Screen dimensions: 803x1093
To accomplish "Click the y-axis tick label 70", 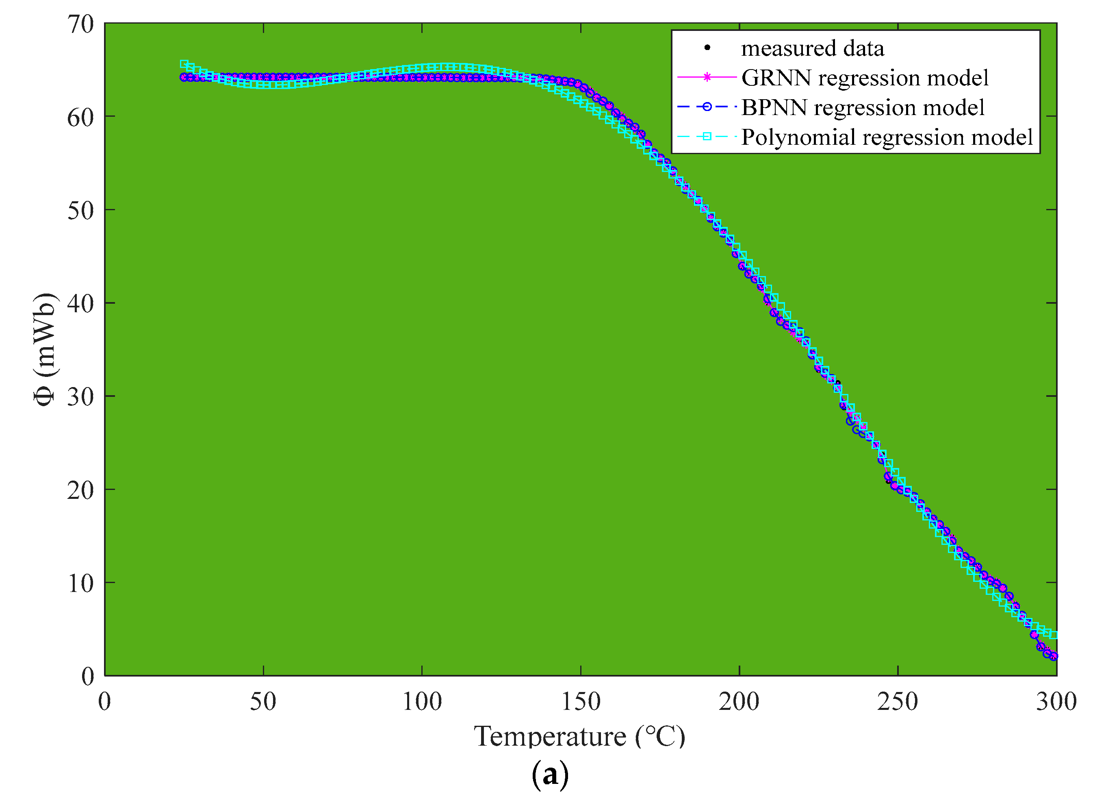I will pos(80,24).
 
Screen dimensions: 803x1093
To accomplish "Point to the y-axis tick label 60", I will pos(80,118).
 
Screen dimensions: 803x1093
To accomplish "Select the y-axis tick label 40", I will pos(80,304).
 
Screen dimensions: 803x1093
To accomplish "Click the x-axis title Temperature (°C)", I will pos(579,737).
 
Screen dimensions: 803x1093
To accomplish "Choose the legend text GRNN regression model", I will pos(864,78).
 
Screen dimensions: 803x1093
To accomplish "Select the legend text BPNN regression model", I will pos(863,107).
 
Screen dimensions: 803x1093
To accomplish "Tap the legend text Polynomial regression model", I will pos(887,137).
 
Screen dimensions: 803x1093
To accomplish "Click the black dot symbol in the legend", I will pos(707,48).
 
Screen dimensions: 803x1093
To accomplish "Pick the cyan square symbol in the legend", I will pos(707,137).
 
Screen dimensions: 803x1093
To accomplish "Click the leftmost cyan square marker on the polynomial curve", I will pos(184,64).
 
